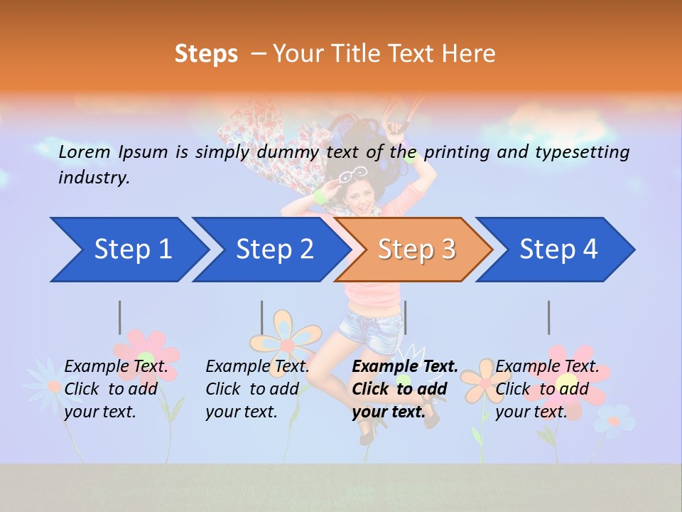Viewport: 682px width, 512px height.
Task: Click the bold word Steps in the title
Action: (206, 53)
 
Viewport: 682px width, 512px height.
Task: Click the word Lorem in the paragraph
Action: (85, 151)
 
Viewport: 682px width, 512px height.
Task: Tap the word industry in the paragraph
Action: (93, 177)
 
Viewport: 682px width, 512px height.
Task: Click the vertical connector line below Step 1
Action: (120, 317)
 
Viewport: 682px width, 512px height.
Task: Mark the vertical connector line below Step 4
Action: (549, 317)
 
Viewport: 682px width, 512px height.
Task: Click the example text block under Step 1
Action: (116, 389)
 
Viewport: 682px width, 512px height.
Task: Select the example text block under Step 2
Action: (257, 389)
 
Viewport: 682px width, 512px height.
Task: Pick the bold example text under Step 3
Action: (405, 389)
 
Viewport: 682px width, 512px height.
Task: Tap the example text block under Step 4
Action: (547, 389)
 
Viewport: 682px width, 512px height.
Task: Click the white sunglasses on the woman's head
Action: (353, 174)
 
